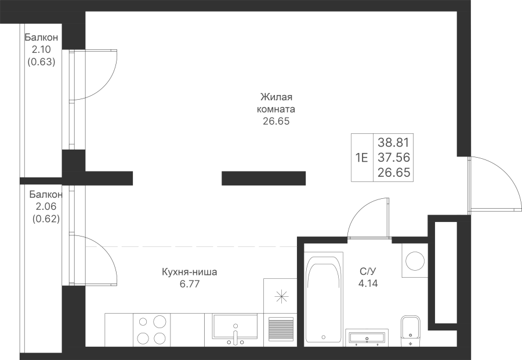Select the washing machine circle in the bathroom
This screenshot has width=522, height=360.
(415, 261)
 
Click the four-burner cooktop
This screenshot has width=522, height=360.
(152, 329)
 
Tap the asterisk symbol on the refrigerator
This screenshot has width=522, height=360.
(281, 296)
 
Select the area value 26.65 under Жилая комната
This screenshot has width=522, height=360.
(276, 121)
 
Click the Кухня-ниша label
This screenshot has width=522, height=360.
(190, 272)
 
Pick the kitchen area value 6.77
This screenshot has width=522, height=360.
(190, 284)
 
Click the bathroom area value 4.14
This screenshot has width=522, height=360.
(368, 283)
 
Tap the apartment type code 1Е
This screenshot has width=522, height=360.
(362, 157)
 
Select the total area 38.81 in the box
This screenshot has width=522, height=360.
(393, 143)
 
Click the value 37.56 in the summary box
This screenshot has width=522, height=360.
(393, 157)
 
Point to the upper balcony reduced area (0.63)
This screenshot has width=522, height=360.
(41, 62)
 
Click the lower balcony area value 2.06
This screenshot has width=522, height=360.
(46, 206)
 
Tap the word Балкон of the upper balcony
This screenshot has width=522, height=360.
(41, 37)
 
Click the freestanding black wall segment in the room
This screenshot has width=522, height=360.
(264, 178)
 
